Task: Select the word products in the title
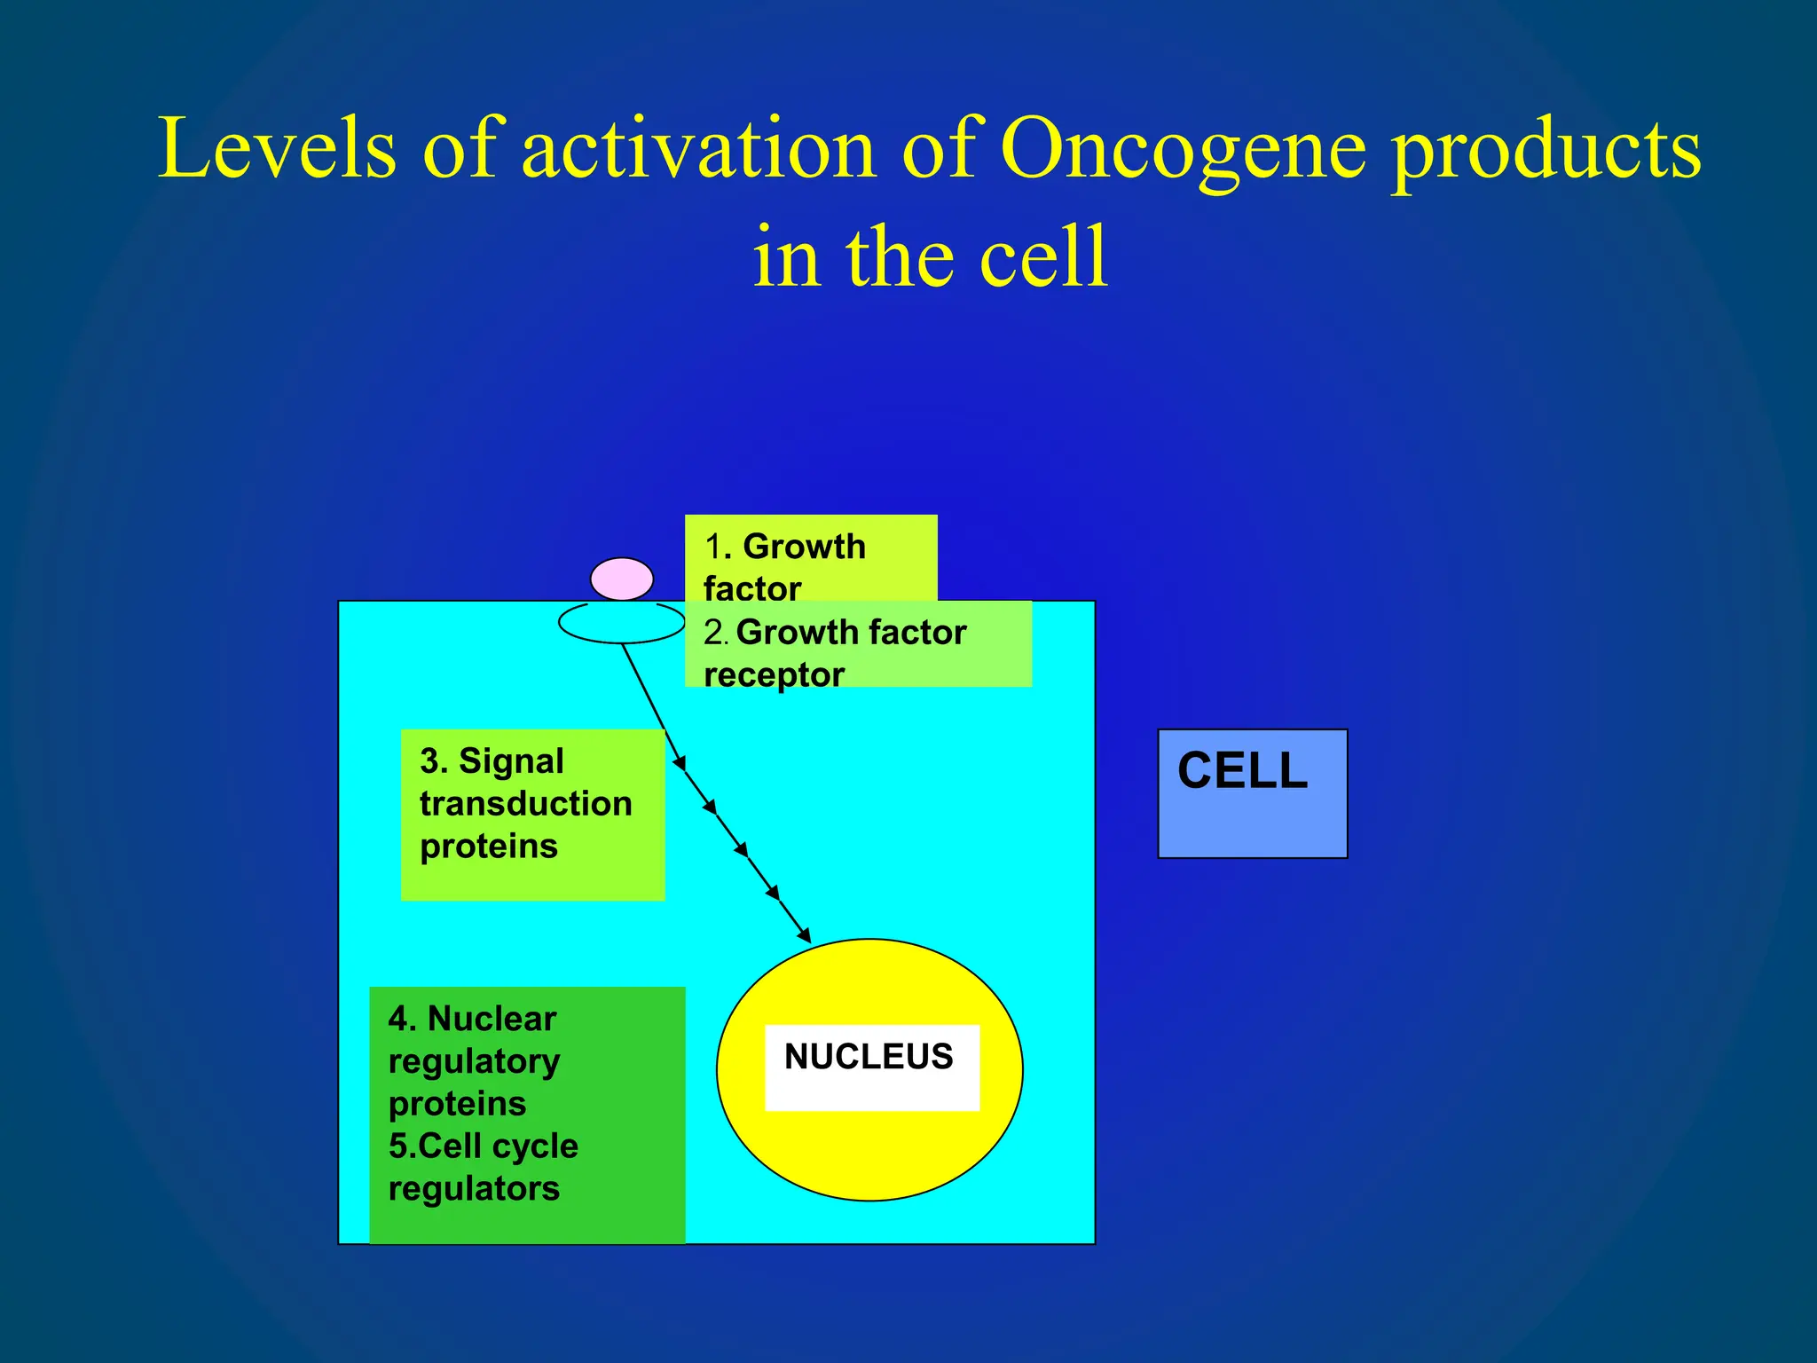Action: point(1546,149)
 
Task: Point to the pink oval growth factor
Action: point(622,579)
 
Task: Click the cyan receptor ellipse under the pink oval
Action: point(621,624)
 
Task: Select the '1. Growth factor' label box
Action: point(810,559)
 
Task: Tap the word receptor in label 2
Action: point(774,674)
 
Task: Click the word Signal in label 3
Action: point(511,761)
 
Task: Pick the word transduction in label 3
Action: point(525,804)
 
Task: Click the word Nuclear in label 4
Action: point(492,1019)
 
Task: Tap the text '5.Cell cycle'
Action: point(483,1146)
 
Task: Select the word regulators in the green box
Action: point(474,1188)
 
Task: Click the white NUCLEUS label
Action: point(870,1065)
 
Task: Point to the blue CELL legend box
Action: point(1252,792)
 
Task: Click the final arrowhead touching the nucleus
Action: point(804,934)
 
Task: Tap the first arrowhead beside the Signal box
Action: point(680,762)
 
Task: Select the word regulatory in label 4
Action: point(474,1061)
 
